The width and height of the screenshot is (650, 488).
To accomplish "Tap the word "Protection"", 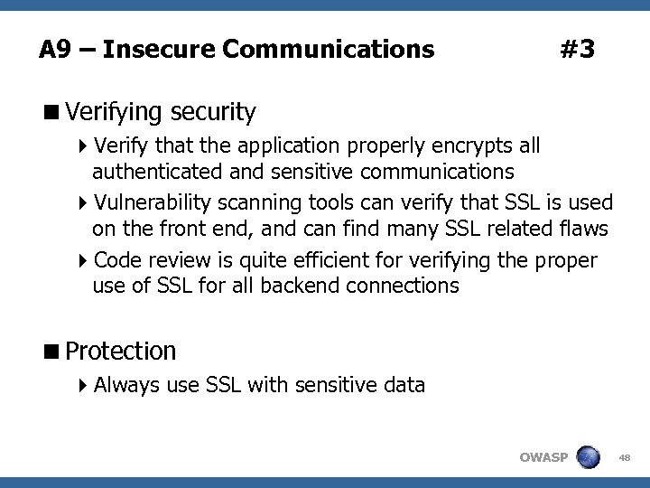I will pos(121,350).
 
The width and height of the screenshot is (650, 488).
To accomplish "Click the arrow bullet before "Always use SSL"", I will pos(84,386).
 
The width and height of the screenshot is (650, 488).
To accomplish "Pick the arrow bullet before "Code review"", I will pos(84,262).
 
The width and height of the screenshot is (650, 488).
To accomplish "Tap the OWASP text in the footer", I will pos(543,457).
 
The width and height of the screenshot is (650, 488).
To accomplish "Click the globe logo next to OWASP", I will pos(590,456).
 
